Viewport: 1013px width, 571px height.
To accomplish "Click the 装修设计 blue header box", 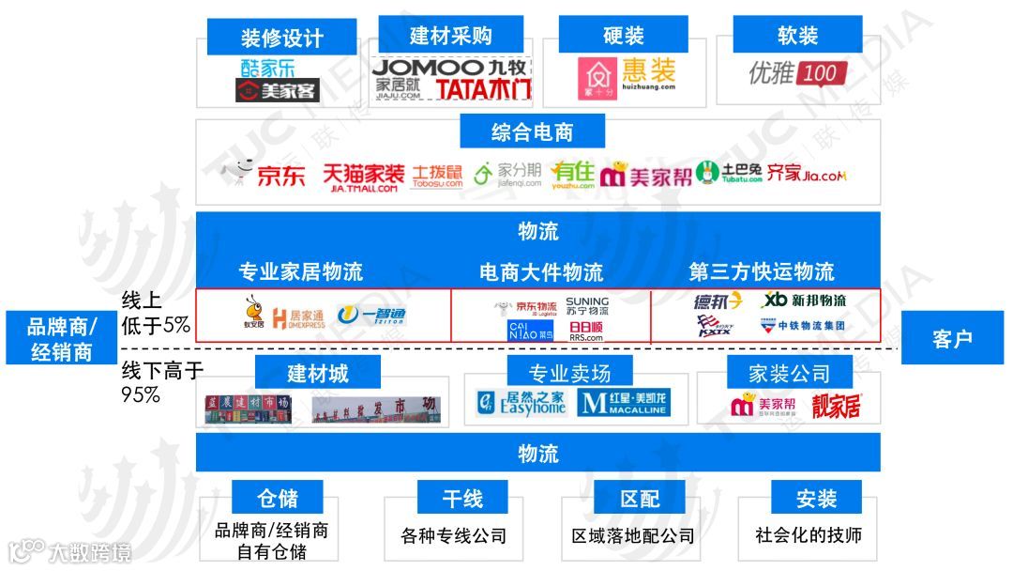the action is [281, 38].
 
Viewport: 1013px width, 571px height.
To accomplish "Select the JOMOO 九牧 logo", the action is [451, 68].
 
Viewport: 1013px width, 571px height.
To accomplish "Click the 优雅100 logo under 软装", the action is [798, 72].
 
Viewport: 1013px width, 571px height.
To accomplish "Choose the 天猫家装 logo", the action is [363, 176].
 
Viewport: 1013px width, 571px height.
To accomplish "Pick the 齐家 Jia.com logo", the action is [807, 174].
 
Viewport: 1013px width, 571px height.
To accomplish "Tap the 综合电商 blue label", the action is [532, 132].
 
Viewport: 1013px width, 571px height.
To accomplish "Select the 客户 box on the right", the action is [951, 338].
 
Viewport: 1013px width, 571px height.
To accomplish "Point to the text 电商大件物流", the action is [541, 272].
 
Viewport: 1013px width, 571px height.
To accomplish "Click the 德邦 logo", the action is [718, 301].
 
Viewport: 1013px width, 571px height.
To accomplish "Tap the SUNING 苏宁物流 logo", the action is [588, 307].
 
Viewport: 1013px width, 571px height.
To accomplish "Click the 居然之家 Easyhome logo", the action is [522, 404].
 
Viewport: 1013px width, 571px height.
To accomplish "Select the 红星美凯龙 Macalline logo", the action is [623, 404].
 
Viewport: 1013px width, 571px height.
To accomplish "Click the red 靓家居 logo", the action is [836, 406].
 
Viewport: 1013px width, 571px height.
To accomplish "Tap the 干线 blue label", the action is [462, 498].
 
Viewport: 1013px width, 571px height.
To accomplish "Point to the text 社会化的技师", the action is [808, 535].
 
